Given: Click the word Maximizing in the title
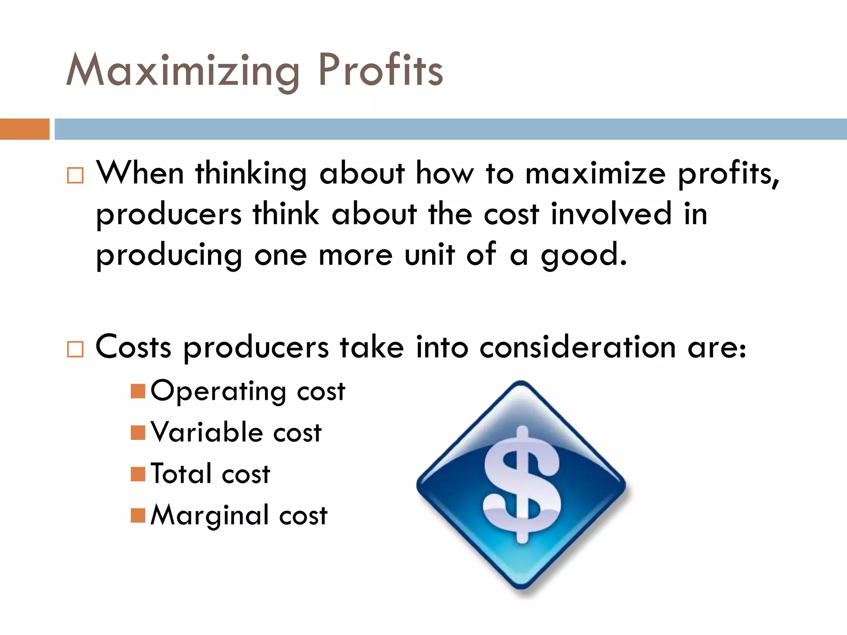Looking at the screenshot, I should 182,71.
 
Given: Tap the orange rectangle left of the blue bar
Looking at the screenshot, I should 24,129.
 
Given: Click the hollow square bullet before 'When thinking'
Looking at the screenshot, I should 75,175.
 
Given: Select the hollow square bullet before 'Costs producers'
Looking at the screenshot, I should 75,349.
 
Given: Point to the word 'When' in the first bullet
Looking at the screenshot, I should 140,173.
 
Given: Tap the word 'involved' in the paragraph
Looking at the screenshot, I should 611,214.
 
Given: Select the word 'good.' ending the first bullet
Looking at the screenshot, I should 584,255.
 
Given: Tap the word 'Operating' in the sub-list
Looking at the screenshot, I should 218,391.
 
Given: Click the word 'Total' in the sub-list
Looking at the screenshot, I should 181,474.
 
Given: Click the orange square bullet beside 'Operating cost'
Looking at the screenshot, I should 138,391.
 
